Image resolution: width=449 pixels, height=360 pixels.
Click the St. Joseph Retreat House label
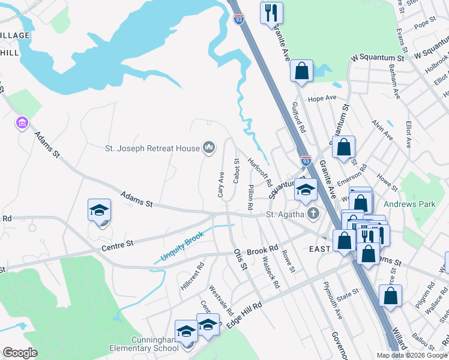(152, 148)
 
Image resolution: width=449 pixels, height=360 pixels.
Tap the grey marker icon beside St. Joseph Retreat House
(209, 147)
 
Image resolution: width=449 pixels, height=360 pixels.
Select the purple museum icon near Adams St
(22, 124)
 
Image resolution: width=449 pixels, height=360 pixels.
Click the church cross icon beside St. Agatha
(313, 214)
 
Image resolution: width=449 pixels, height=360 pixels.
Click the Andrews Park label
(410, 204)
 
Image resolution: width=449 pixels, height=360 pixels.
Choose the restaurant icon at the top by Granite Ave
(271, 13)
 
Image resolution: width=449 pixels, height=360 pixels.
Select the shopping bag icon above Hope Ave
(301, 70)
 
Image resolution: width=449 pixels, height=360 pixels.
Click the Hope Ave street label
(322, 98)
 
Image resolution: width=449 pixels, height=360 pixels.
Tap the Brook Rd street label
(262, 248)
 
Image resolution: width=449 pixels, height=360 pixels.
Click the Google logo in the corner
(20, 353)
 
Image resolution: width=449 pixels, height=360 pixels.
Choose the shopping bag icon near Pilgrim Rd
(390, 295)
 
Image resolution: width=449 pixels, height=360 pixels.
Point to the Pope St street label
(424, 23)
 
